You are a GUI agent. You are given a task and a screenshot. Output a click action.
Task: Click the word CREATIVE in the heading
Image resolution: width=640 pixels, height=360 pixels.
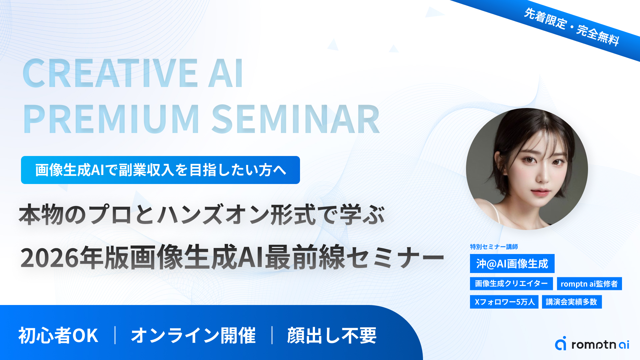click(x=110, y=73)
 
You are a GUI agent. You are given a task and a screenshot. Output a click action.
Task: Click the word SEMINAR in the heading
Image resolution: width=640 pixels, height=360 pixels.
click(x=296, y=119)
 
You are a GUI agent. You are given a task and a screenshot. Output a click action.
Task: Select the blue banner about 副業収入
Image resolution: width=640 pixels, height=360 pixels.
click(x=160, y=170)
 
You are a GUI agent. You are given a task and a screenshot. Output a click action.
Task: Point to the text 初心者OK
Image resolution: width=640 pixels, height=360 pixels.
click(x=58, y=335)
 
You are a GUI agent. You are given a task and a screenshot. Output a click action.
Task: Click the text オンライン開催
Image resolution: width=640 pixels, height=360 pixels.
click(x=193, y=335)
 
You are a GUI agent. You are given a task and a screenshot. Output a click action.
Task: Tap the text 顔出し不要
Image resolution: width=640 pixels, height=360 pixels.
click(x=332, y=335)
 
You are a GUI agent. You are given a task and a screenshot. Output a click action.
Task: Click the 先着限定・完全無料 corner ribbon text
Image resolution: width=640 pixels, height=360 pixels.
click(x=572, y=27)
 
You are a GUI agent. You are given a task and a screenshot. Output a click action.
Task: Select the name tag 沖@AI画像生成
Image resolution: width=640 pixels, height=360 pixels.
click(x=512, y=264)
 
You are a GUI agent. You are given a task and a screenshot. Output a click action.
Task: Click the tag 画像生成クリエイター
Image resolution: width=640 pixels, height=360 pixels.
click(x=511, y=283)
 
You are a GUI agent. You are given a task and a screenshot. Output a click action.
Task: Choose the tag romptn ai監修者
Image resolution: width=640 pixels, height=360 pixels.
click(x=589, y=284)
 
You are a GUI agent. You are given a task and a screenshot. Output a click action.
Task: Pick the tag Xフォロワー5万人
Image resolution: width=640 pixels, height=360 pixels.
click(x=504, y=302)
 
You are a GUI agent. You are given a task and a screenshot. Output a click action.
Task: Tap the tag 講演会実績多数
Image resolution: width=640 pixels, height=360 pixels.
click(x=572, y=302)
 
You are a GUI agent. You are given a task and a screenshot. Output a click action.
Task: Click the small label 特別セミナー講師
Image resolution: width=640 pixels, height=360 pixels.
click(x=494, y=247)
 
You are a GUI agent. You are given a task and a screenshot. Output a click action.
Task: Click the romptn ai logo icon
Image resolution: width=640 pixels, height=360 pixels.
click(x=561, y=343)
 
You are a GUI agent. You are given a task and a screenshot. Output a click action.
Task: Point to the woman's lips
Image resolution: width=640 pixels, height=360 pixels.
click(x=540, y=192)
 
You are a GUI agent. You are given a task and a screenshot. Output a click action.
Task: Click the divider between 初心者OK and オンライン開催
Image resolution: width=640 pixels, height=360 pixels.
click(x=115, y=335)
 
